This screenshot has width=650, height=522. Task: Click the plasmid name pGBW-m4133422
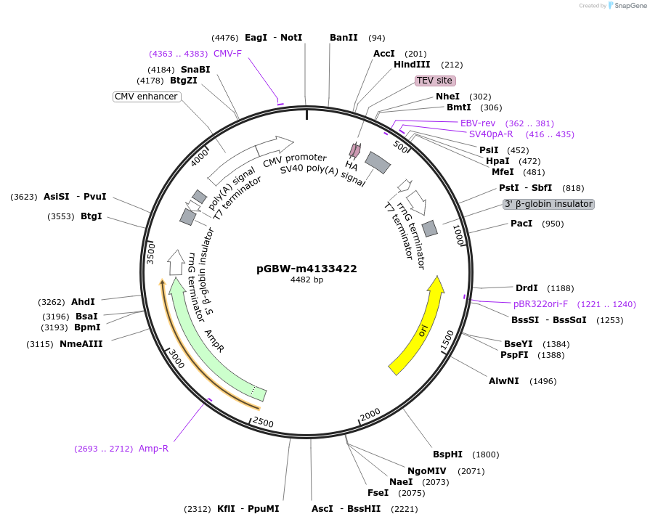(x=306, y=269)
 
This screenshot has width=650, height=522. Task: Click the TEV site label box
(x=435, y=81)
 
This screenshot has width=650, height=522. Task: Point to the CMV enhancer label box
(x=146, y=97)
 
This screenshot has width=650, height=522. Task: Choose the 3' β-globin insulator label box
(x=548, y=204)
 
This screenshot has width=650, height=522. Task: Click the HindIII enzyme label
(x=412, y=65)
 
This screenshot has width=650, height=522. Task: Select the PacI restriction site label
(x=521, y=224)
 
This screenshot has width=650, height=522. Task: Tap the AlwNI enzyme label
(x=503, y=381)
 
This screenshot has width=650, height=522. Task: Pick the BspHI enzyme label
(x=447, y=454)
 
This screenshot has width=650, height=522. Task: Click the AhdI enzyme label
(x=83, y=302)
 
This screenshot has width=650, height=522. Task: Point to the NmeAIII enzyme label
(x=81, y=344)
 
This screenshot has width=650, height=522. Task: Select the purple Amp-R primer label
(x=153, y=449)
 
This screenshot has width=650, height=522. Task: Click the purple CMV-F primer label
(x=227, y=54)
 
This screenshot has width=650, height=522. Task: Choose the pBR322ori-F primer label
(x=540, y=304)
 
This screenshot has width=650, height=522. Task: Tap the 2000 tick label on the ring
(x=370, y=413)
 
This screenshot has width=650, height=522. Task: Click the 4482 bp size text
(x=306, y=280)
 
